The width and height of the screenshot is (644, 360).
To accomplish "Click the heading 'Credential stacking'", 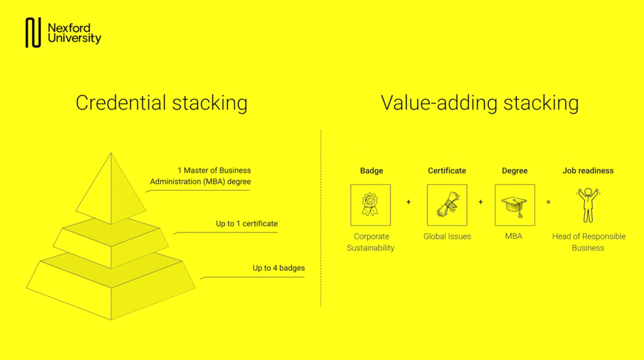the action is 161,103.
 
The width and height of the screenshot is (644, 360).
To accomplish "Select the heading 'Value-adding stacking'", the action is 480,103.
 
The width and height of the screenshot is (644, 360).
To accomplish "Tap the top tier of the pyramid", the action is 111,190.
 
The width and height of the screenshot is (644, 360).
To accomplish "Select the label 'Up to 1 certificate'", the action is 247,223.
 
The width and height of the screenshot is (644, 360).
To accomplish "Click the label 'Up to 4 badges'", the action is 279,268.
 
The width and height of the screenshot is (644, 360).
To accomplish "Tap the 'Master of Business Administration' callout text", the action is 200,176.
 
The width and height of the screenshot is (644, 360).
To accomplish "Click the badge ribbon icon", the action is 370,204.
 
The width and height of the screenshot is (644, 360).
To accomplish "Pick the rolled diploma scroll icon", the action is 447,204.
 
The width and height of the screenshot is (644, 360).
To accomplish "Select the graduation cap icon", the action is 515,206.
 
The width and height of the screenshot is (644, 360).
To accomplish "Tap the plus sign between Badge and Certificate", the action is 409,202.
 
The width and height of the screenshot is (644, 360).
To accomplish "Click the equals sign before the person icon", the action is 548,202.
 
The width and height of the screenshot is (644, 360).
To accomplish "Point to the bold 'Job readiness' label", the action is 588,171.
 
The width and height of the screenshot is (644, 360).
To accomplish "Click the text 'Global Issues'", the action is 447,236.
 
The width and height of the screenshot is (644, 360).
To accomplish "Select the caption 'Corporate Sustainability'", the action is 371,242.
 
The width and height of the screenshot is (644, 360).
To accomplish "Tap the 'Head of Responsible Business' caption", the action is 589,242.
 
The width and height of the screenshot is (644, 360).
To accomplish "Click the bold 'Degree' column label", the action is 515,171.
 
